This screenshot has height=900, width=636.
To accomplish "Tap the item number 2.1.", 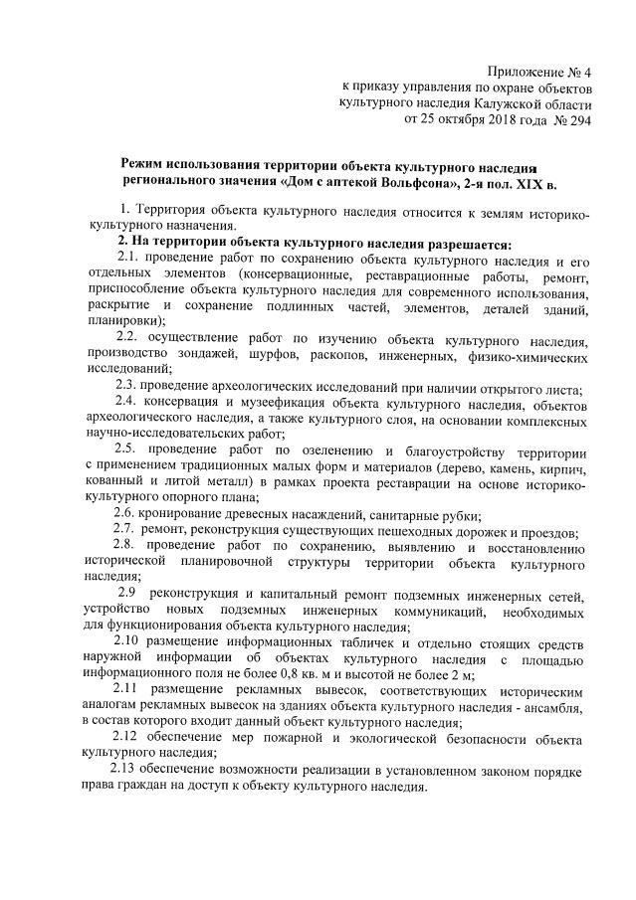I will (127, 259).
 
